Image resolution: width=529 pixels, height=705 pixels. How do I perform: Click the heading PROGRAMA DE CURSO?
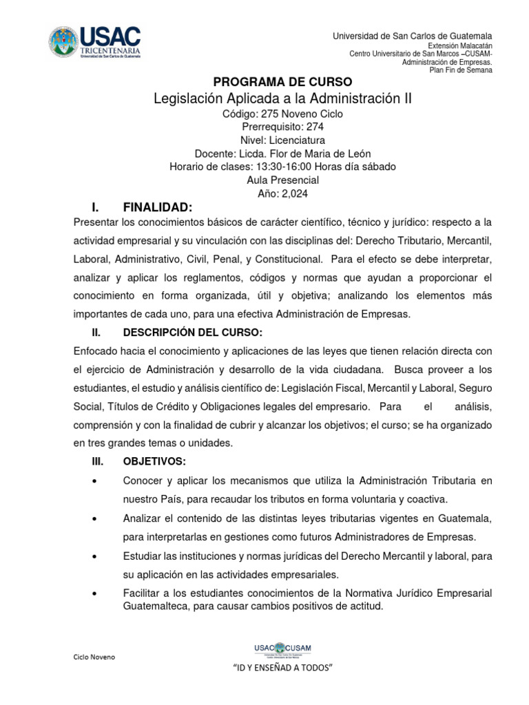[x=282, y=81]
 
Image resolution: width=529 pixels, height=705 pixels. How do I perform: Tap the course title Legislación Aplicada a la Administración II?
[x=282, y=99]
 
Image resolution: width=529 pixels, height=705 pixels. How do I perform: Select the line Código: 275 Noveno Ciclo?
[x=282, y=114]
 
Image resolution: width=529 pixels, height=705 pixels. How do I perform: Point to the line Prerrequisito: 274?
[x=282, y=127]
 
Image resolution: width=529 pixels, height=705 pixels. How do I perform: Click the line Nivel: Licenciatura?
[x=282, y=140]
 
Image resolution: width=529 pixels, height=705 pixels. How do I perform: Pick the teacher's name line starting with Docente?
[x=282, y=154]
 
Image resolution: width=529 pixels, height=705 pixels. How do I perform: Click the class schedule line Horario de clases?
[x=282, y=167]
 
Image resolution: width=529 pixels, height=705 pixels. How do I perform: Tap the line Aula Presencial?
[x=282, y=180]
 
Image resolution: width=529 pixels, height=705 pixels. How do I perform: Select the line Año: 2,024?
[x=282, y=193]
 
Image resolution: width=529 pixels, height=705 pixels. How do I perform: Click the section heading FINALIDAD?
[x=157, y=207]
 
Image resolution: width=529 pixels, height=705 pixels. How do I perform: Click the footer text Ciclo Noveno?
[x=94, y=657]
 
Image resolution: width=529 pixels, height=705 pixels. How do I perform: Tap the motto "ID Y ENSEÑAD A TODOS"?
[x=282, y=669]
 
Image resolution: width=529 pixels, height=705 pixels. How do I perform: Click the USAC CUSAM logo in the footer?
[x=282, y=649]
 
